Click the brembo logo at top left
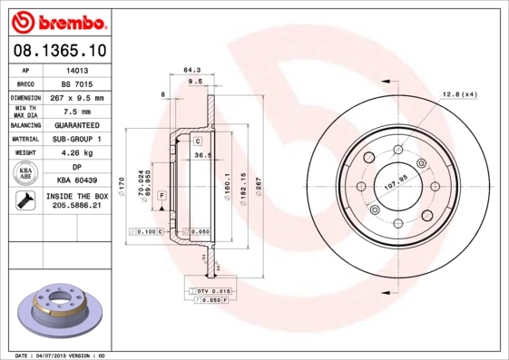pos(56,20)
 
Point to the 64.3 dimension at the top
pos(191,70)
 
